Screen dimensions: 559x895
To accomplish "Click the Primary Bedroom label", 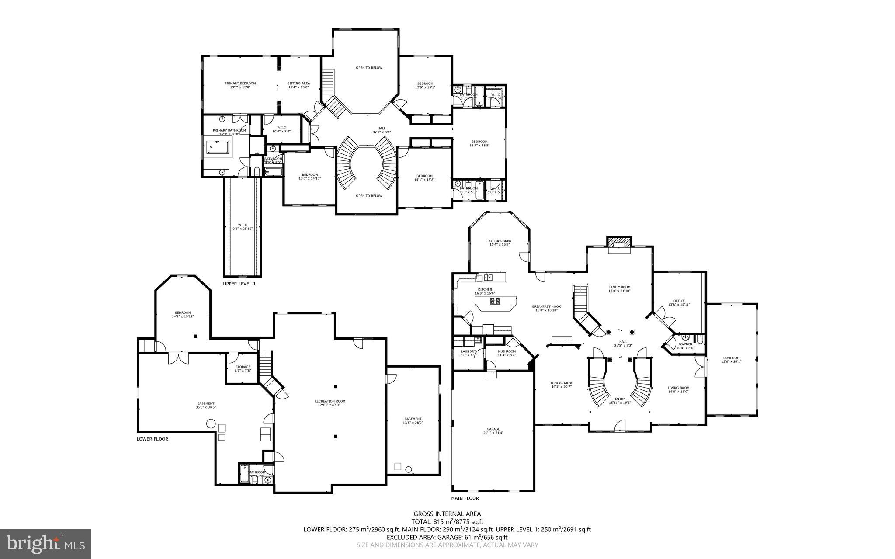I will [x=240, y=85].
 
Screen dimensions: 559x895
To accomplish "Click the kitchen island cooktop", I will [x=495, y=301].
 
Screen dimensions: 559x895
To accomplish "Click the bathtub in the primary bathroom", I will [x=217, y=148].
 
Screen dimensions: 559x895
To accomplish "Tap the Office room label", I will [x=679, y=302].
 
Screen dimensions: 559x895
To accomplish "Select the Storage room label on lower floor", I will [x=243, y=368].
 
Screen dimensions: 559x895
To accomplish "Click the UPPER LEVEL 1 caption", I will [x=239, y=284].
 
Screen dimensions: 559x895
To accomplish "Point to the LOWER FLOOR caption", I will [x=152, y=439].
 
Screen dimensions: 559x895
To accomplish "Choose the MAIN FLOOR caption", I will [x=465, y=498].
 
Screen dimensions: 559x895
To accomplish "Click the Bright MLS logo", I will [x=45, y=544].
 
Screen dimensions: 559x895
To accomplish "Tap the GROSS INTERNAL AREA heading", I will [x=447, y=514].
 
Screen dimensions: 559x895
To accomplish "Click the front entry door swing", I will [x=620, y=425].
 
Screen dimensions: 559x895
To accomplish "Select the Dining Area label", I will [x=561, y=384].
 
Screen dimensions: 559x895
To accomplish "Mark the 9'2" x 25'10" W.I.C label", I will [x=242, y=226].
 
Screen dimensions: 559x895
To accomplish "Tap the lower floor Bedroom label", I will [x=183, y=314].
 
